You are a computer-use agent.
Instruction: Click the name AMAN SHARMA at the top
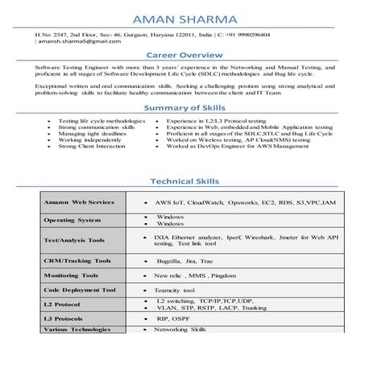pos(181,17)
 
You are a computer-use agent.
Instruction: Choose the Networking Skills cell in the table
pos(186,330)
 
